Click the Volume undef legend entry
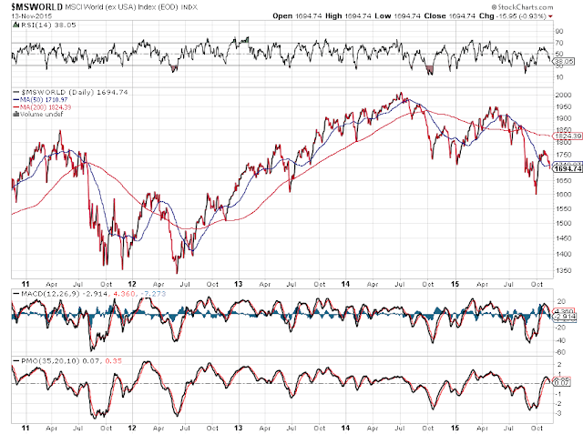(x=41, y=114)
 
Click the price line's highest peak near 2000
(x=401, y=93)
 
